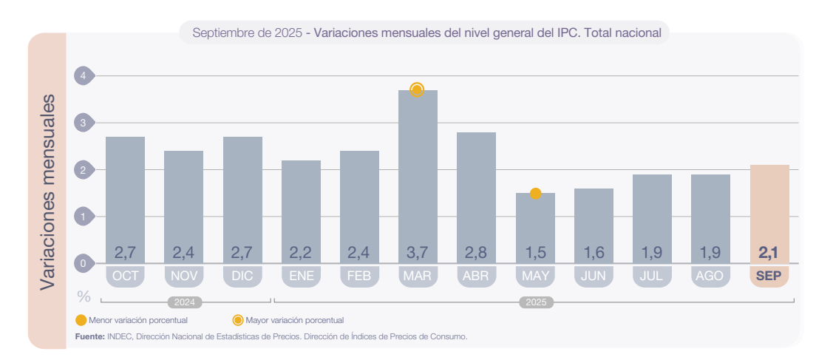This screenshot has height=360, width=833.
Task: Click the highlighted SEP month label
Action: tap(769, 276)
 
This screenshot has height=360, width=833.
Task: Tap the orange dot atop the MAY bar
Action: tap(536, 194)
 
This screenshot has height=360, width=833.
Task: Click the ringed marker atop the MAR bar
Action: tap(417, 90)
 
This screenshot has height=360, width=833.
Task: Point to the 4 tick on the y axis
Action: tap(84, 75)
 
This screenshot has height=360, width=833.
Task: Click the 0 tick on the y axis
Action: tap(84, 263)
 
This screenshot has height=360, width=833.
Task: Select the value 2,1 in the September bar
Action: tap(769, 253)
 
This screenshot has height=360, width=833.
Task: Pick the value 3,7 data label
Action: tap(418, 253)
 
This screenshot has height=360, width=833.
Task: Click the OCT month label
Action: tap(125, 276)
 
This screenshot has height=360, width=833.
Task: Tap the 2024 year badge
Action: tap(185, 302)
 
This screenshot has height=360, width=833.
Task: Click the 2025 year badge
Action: tap(535, 302)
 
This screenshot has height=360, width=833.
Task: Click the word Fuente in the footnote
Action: tap(89, 336)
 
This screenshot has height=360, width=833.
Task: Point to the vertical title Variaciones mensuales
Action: tap(47, 191)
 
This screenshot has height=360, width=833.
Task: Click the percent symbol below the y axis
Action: tap(84, 296)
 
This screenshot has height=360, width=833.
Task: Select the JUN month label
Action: tap(594, 276)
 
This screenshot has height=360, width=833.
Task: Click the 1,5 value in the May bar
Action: tap(535, 253)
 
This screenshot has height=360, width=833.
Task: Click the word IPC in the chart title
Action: tap(564, 33)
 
